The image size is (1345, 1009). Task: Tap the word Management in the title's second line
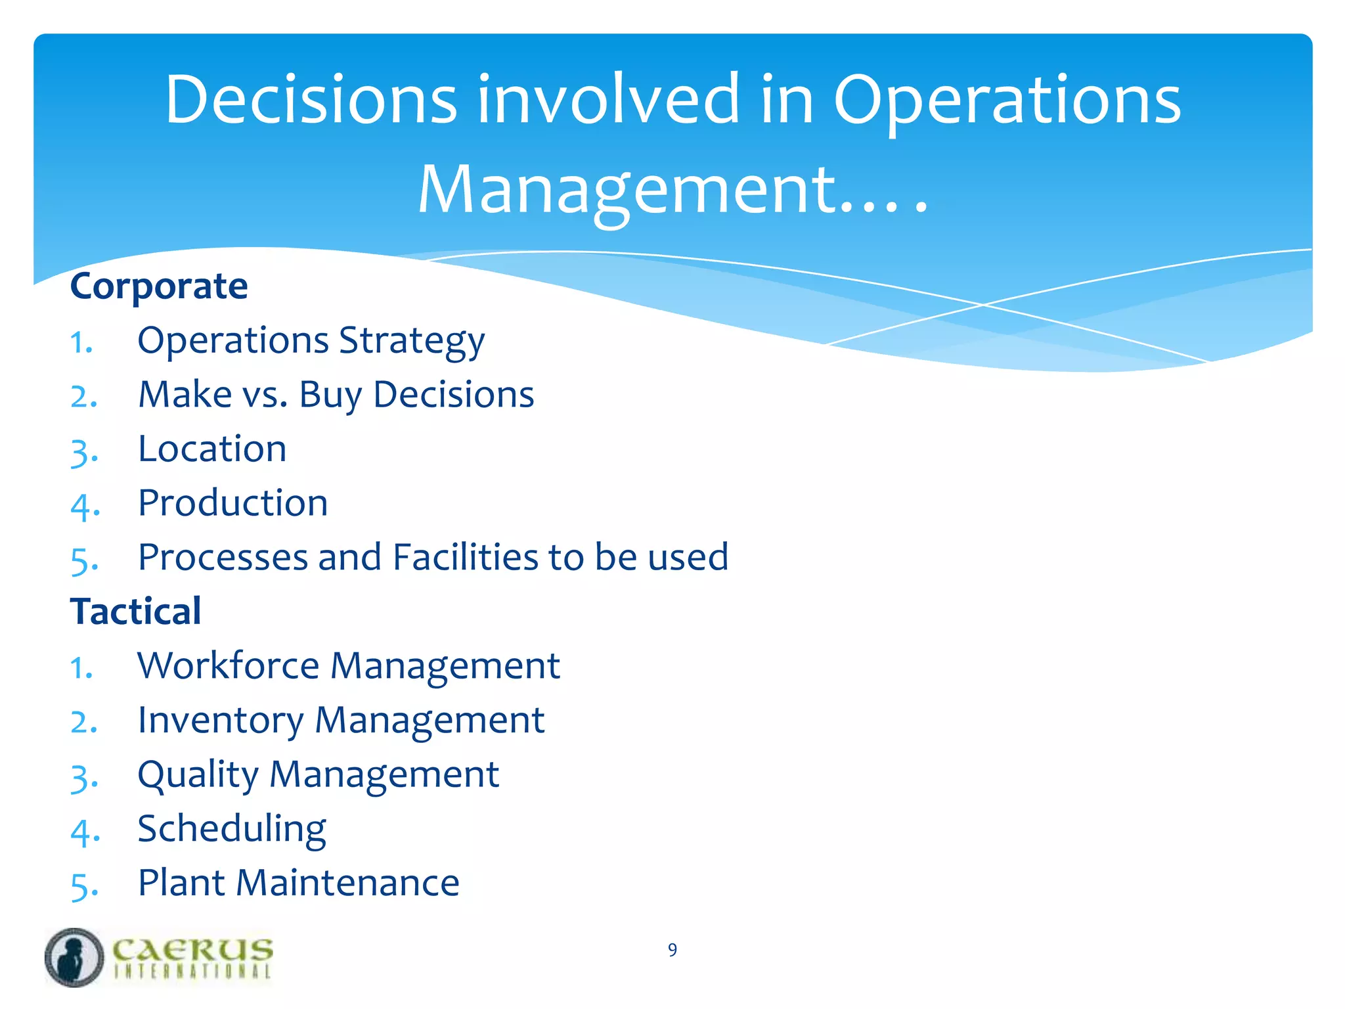click(627, 190)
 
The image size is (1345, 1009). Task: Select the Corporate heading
click(159, 286)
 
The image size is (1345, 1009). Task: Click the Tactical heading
click(135, 612)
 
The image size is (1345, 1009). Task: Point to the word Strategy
click(412, 342)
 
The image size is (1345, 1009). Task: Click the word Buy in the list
click(330, 395)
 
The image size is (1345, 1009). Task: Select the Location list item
click(212, 449)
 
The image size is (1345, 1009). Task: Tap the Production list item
click(232, 504)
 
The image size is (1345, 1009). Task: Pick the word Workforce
click(228, 666)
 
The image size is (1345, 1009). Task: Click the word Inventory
click(221, 721)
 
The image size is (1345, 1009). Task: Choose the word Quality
click(198, 775)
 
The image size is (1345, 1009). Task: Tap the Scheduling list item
click(232, 829)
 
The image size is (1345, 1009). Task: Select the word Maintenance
click(347, 883)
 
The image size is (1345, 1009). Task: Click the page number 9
click(672, 950)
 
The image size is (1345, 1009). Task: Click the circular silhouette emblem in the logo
click(74, 957)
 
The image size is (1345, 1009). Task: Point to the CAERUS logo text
click(192, 950)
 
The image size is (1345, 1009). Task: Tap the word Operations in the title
click(1006, 100)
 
